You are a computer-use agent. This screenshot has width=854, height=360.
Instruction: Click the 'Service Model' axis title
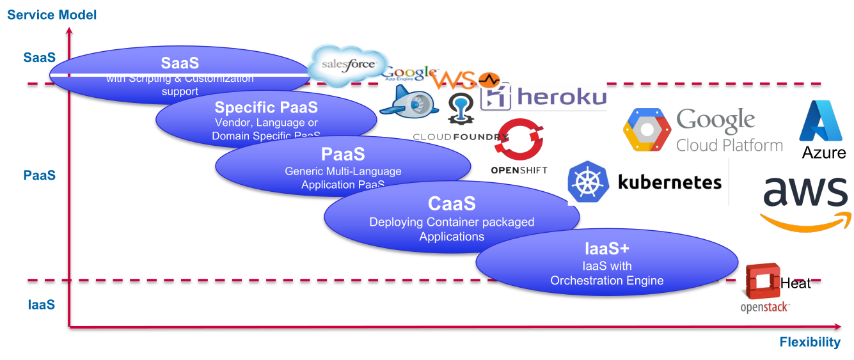coord(52,14)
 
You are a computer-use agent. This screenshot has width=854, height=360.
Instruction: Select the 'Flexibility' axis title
coord(810,342)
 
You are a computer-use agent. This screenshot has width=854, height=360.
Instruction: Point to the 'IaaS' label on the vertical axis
coord(42,304)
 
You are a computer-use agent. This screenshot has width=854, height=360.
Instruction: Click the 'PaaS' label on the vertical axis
coord(40,175)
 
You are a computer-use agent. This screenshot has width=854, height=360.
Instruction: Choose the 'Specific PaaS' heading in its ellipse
coord(266,107)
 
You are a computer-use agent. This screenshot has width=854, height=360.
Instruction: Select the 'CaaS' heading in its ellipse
coord(452,204)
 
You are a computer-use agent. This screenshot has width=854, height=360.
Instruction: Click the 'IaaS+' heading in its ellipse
coord(607,249)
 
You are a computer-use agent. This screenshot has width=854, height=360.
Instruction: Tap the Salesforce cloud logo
coord(347,65)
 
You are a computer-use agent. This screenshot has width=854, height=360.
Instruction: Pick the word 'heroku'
coord(562,97)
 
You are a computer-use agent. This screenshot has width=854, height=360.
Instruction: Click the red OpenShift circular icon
coord(519,139)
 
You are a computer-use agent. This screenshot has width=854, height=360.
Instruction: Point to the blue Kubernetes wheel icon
coord(587,182)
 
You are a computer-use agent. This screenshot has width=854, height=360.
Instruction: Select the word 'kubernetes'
coord(670,182)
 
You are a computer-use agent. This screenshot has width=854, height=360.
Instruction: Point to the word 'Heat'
coord(796,283)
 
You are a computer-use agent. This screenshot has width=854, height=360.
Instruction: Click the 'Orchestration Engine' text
coord(607,281)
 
